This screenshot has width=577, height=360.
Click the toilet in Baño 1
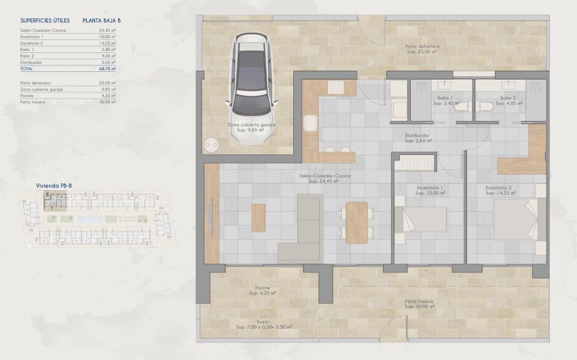pos(462,107)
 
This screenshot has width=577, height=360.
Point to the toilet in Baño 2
pos(484,107)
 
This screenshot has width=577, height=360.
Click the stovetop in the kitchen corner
pos(335,88)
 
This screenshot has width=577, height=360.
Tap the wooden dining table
pos(356,223)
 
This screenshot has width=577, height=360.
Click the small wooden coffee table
pos(258,217)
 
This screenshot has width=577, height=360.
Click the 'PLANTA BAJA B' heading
pos(102,21)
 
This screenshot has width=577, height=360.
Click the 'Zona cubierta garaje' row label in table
pos(41,89)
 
